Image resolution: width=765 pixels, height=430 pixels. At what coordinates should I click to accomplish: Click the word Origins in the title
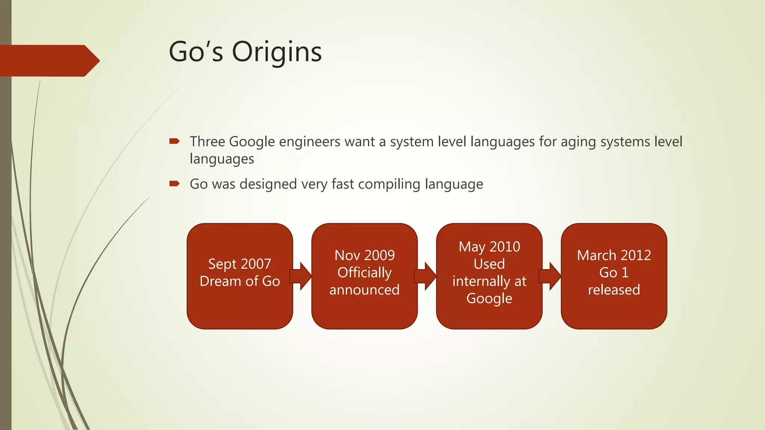click(x=277, y=52)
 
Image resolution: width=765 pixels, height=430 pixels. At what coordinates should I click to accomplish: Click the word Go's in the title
click(x=196, y=52)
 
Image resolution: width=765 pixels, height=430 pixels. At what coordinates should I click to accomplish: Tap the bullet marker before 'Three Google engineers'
click(x=174, y=141)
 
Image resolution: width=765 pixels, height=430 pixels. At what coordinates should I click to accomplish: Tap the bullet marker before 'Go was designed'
click(x=174, y=184)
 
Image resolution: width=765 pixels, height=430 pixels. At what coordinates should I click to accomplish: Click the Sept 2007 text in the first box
click(x=239, y=264)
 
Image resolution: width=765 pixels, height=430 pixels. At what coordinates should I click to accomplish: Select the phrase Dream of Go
click(x=239, y=281)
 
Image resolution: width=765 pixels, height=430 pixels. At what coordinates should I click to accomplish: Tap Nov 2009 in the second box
click(x=364, y=255)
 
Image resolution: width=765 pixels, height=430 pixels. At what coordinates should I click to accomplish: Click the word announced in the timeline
click(x=364, y=290)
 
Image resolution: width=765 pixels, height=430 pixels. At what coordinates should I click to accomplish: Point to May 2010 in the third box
click(x=489, y=247)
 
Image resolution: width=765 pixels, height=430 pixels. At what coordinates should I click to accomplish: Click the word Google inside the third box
click(x=489, y=299)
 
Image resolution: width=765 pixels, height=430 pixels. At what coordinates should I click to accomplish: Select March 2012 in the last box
click(x=614, y=255)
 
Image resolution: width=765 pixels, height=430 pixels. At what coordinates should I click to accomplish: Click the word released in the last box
click(x=614, y=290)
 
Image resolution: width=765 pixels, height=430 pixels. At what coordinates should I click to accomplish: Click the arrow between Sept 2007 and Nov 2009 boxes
click(x=301, y=276)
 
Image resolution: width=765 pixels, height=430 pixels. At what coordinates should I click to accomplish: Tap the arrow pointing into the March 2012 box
click(x=551, y=276)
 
